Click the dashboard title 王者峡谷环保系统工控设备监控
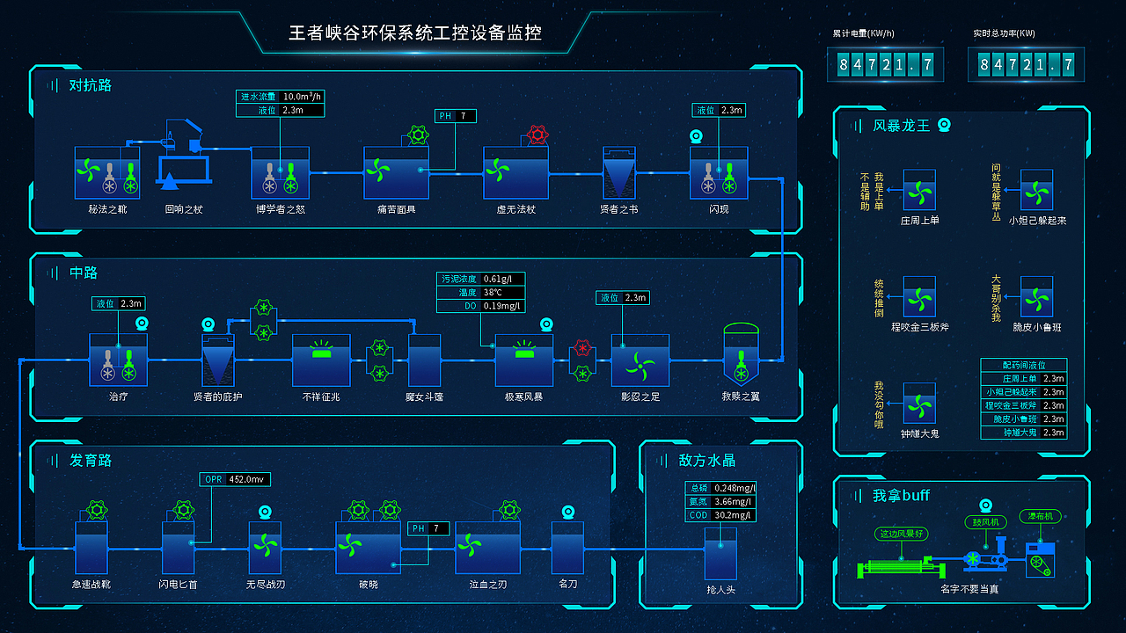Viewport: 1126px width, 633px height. [x=415, y=33]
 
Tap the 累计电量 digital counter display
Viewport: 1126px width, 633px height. [x=885, y=64]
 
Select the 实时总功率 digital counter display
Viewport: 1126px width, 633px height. [x=1026, y=64]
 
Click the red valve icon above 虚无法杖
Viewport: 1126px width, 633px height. [x=537, y=135]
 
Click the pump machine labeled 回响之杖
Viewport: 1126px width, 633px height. [x=184, y=158]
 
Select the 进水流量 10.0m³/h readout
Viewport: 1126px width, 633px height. [x=281, y=97]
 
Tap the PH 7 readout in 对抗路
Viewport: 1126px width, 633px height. [x=456, y=116]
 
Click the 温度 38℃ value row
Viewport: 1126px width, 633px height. [x=480, y=293]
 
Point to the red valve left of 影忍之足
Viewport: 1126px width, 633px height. [x=581, y=349]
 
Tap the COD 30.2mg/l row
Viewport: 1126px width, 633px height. [x=721, y=515]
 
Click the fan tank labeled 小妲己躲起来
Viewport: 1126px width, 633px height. [x=1036, y=190]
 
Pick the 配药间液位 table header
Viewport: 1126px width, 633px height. [x=1024, y=365]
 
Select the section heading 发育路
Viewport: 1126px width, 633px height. [x=91, y=461]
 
